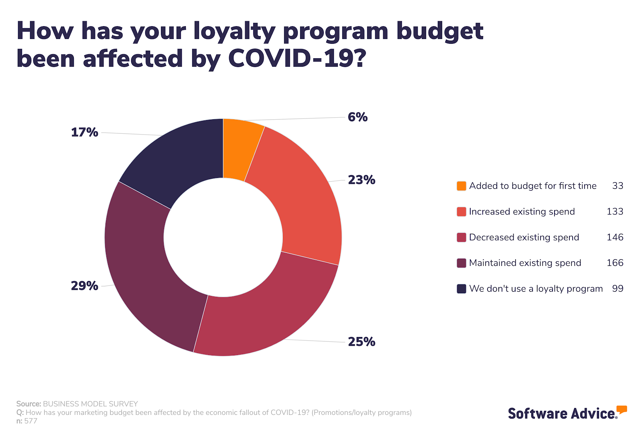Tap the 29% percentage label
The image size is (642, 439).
coord(84,286)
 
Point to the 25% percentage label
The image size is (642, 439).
coord(362,342)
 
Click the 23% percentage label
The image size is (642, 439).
coord(362,180)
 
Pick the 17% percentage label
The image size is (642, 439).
coord(84,132)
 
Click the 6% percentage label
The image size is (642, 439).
coord(358,117)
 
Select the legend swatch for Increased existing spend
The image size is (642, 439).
coord(461,212)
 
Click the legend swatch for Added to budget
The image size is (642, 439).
coord(461,186)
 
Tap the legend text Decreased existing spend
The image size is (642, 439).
coord(524,237)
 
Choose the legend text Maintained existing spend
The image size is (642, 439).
coord(525,263)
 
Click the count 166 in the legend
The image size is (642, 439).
coord(615,263)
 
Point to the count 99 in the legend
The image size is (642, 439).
coord(618,289)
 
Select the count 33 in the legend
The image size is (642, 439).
coord(618,186)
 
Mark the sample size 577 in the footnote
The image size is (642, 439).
coord(31,421)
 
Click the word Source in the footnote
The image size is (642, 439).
coord(28,404)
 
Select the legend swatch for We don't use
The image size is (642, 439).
coord(461,289)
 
